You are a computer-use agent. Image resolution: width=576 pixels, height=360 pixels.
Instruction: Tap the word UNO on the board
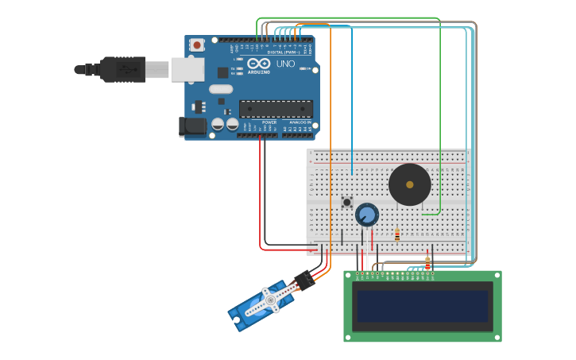285,64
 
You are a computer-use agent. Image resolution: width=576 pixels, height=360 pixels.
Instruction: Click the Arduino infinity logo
259,64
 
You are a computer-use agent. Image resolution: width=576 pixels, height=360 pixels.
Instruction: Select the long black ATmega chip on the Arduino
276,109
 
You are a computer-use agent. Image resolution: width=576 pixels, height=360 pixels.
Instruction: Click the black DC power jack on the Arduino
192,126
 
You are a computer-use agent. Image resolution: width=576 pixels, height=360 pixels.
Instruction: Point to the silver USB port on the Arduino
187,69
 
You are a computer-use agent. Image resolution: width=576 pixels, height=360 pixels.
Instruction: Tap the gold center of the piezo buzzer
410,184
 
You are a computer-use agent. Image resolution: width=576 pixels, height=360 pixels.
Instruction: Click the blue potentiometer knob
366,214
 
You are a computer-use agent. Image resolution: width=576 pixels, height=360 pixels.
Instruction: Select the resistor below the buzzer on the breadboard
397,234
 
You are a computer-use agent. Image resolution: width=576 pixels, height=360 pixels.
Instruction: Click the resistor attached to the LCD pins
427,263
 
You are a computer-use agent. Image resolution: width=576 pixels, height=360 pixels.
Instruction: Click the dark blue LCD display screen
422,306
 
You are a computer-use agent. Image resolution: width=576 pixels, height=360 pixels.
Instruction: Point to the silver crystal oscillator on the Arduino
221,89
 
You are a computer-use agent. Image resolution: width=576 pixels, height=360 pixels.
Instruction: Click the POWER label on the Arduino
269,122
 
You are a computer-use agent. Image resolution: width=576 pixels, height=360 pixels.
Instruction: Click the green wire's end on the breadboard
423,214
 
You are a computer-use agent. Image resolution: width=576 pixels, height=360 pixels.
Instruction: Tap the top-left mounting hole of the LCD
348,275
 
